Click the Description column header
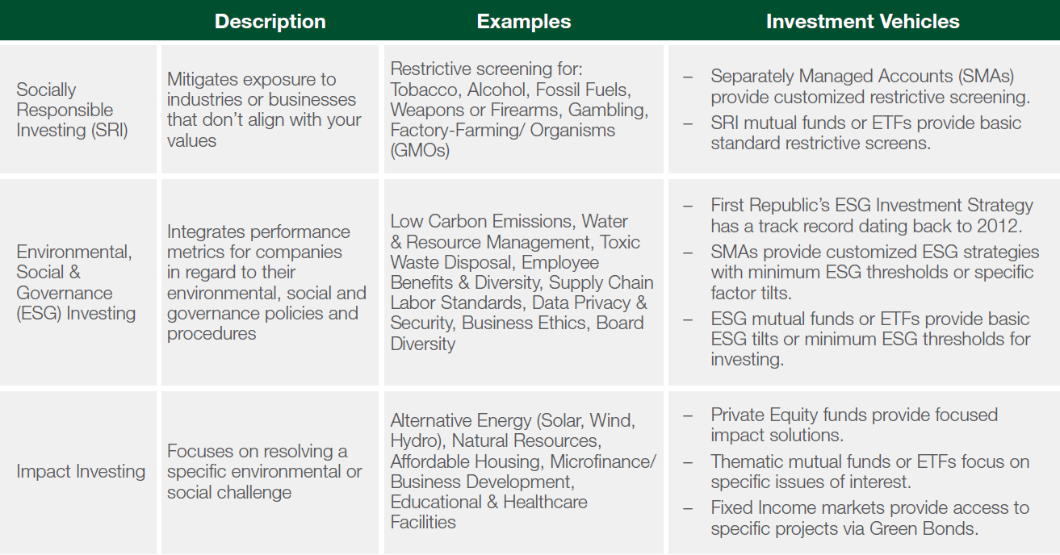270,22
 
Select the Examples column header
524,22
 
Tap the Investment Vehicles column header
863,22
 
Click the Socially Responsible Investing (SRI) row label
72,110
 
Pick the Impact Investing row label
81,471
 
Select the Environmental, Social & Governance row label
76,282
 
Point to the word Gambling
608,111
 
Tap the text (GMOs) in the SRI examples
420,150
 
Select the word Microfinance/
603,461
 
